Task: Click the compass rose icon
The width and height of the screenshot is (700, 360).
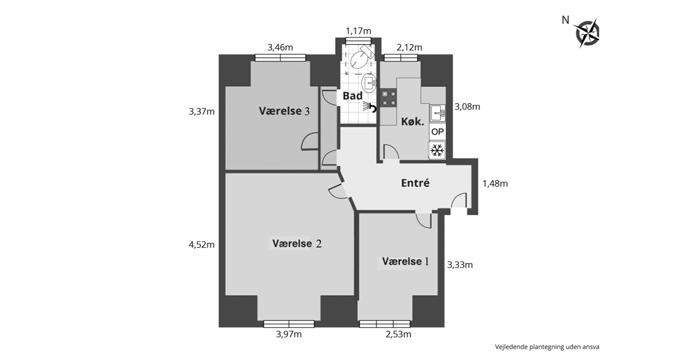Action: pyautogui.click(x=586, y=33)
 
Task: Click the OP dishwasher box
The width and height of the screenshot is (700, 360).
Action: pyautogui.click(x=437, y=132)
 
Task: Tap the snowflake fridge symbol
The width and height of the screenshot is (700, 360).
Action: pyautogui.click(x=437, y=151)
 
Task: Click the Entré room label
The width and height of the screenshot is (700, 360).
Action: pyautogui.click(x=415, y=183)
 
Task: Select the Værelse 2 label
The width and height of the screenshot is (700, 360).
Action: pyautogui.click(x=297, y=243)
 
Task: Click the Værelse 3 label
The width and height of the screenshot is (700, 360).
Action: pyautogui.click(x=284, y=111)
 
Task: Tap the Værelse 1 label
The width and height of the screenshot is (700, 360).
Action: pyautogui.click(x=406, y=261)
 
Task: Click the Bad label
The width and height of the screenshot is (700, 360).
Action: pyautogui.click(x=352, y=96)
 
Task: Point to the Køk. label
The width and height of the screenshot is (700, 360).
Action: pyautogui.click(x=413, y=122)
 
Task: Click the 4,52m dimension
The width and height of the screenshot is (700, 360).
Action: pyautogui.click(x=202, y=245)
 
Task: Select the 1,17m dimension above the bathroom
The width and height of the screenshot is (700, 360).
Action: pyautogui.click(x=358, y=31)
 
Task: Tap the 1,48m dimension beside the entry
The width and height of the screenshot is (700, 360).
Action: pyautogui.click(x=495, y=184)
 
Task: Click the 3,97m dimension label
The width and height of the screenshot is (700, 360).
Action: pyautogui.click(x=289, y=334)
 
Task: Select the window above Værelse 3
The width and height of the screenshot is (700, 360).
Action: pyautogui.click(x=280, y=58)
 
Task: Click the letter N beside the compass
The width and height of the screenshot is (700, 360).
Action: pyautogui.click(x=565, y=20)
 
